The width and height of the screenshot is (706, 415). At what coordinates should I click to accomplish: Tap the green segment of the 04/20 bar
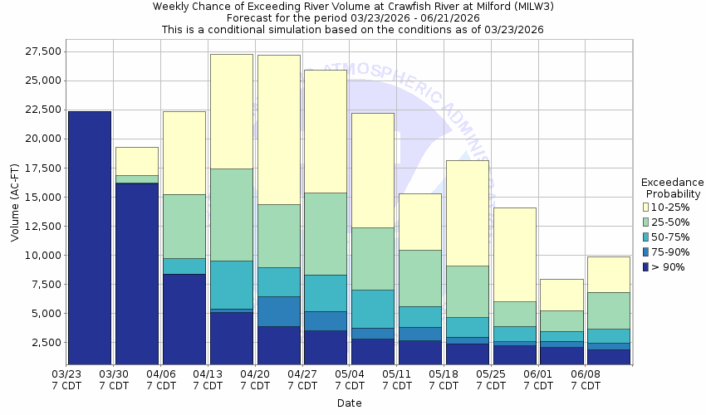point(279,236)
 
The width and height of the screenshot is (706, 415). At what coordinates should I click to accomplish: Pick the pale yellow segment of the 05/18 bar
point(468,212)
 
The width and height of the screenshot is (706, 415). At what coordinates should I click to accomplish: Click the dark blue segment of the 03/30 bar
point(136,273)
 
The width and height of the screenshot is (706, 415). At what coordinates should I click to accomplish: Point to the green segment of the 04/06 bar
point(184,226)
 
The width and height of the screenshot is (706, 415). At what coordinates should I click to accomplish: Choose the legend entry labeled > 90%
point(669,266)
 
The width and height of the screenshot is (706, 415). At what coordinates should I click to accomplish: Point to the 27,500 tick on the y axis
point(38,51)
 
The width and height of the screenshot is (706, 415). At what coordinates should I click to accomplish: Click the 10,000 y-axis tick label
point(38,255)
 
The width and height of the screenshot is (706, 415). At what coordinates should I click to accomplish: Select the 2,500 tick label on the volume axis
point(42,342)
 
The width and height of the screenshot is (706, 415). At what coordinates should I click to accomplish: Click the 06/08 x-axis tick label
point(586,380)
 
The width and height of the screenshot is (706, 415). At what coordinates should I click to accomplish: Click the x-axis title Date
point(349,403)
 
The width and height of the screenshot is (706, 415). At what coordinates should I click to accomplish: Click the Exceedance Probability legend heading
point(673,188)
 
